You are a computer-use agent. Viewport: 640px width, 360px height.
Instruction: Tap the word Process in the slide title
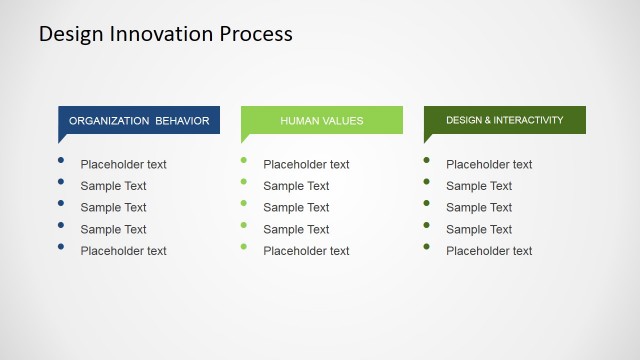point(254,33)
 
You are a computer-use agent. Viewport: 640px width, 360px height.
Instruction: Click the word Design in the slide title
point(71,33)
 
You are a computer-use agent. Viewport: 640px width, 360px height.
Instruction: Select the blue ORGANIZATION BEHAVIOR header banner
point(139,120)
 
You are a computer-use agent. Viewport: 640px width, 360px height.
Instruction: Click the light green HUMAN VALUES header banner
point(322,120)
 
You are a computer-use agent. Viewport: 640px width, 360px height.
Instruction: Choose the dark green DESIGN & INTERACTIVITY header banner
point(505,120)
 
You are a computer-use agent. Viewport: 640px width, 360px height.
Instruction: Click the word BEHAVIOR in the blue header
point(182,121)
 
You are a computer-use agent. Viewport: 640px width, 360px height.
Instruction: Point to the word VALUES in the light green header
point(343,121)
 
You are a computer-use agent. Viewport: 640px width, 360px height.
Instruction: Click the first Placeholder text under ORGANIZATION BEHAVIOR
point(123,165)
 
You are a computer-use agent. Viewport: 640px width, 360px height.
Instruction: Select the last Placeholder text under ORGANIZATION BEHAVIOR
point(123,251)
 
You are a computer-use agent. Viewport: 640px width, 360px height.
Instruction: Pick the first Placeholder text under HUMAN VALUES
point(306,165)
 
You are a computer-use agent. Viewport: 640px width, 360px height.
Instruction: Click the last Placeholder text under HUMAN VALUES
point(306,251)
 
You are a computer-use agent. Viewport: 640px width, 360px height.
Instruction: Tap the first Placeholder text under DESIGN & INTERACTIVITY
point(489,165)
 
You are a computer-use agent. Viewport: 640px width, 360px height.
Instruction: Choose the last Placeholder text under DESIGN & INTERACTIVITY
point(489,251)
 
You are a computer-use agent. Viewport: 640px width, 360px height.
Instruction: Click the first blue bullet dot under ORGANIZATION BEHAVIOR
point(61,160)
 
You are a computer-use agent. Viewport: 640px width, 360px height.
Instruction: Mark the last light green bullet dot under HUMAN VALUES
point(244,247)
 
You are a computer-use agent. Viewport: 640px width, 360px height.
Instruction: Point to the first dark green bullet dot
point(427,160)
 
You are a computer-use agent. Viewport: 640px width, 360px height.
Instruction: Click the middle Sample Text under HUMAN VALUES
point(296,208)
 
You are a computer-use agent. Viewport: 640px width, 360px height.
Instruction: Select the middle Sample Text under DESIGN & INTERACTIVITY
point(479,208)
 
